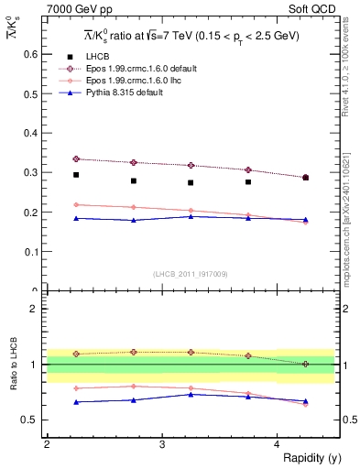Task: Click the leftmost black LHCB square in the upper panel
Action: pyautogui.click(x=76, y=175)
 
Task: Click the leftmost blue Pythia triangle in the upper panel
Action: pyautogui.click(x=76, y=218)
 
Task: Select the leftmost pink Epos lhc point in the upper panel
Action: pyautogui.click(x=76, y=204)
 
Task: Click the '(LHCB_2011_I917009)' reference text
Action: pyautogui.click(x=190, y=273)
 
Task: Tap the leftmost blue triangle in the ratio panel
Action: pyautogui.click(x=76, y=402)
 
